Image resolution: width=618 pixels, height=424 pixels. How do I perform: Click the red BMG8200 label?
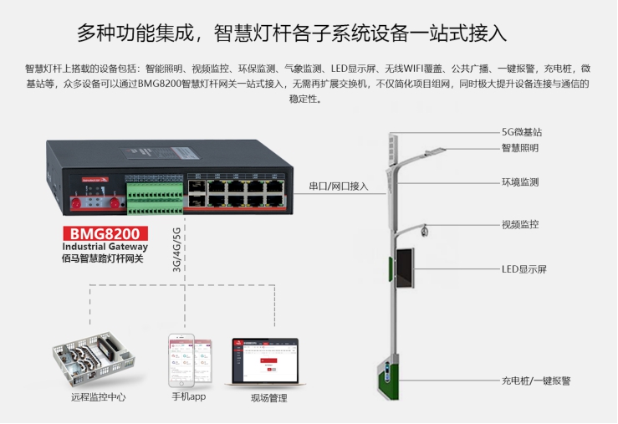pyautogui.click(x=105, y=233)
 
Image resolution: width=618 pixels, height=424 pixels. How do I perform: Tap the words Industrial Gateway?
pyautogui.click(x=105, y=247)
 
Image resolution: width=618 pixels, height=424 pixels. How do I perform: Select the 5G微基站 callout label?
pyautogui.click(x=528, y=133)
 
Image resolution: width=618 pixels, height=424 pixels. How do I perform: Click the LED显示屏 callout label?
pyautogui.click(x=524, y=269)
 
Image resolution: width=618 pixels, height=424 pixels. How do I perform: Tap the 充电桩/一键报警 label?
pyautogui.click(x=536, y=379)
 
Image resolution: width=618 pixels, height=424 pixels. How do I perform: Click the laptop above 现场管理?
pyautogui.click(x=265, y=361)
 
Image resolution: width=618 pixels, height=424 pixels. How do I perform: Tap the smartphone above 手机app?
pyautogui.click(x=187, y=360)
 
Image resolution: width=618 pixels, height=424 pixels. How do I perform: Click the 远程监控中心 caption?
pyautogui.click(x=99, y=396)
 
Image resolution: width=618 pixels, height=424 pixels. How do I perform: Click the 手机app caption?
pyautogui.click(x=189, y=396)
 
